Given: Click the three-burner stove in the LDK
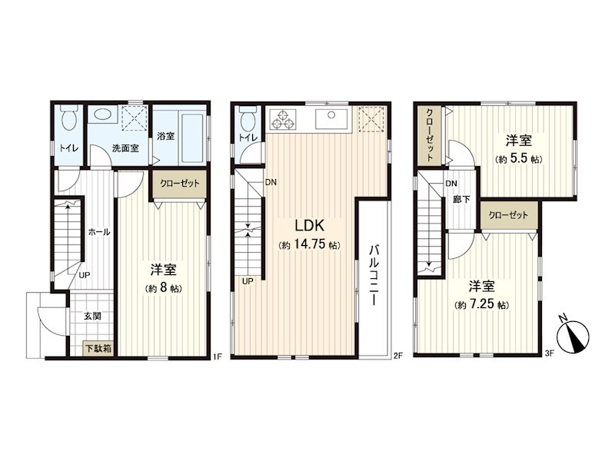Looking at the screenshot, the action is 283,120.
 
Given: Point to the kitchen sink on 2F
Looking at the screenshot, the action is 331,120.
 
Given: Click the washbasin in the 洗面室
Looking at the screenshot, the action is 103,115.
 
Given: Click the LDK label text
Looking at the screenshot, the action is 309,226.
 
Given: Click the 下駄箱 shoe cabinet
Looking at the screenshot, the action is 98,349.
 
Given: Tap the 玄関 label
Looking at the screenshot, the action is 92,316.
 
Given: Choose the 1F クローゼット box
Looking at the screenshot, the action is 179,184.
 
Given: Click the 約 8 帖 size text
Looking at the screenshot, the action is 163,289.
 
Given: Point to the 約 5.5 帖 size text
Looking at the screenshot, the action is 518,159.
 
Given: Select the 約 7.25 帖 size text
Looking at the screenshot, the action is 481,304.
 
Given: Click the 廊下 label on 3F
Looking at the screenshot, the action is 461,200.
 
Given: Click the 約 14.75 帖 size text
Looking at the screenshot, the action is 309,245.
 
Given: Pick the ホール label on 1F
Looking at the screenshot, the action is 99,232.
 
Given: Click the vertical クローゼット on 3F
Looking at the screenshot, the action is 430,135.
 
